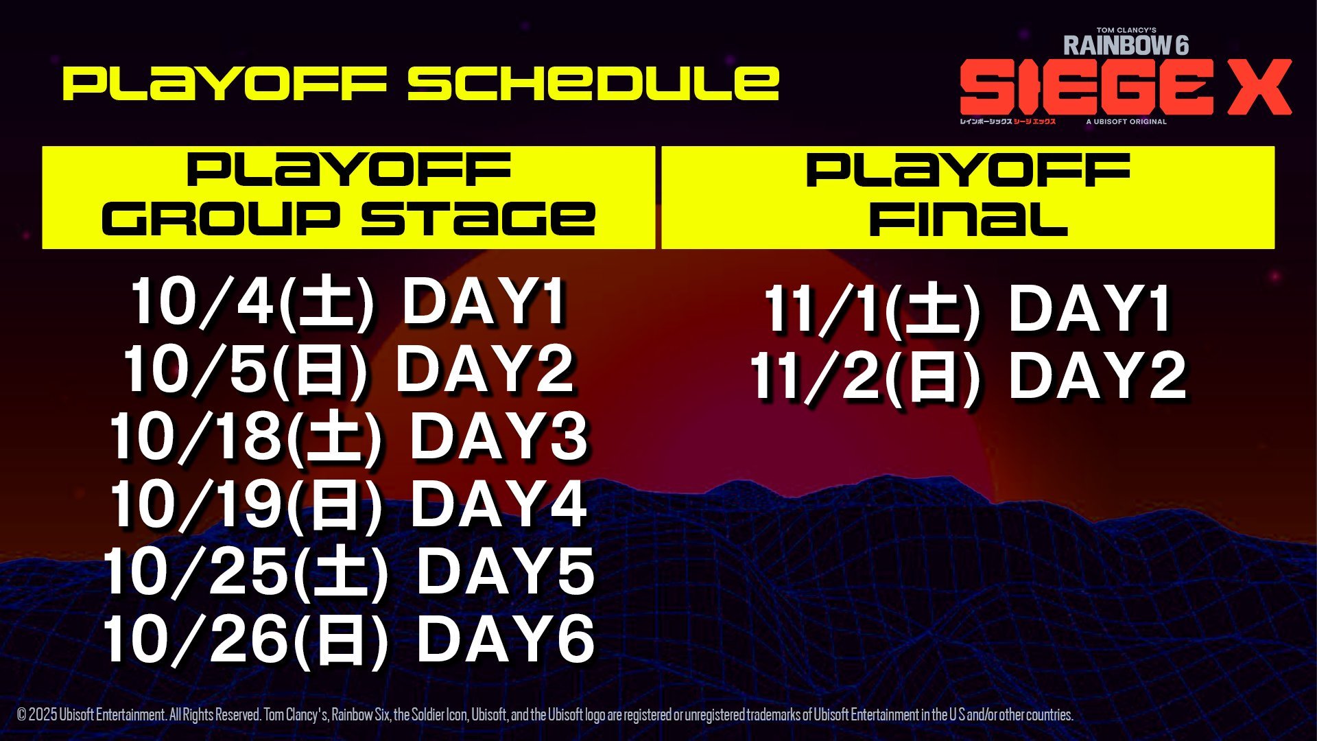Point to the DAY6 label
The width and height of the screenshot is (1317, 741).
pyautogui.click(x=506, y=639)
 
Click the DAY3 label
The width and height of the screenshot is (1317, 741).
pyautogui.click(x=499, y=436)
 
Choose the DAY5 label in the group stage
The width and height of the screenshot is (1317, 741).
pyautogui.click(x=506, y=572)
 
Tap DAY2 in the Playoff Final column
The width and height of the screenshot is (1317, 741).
pyautogui.click(x=1097, y=375)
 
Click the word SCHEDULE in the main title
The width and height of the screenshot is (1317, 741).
pyautogui.click(x=593, y=83)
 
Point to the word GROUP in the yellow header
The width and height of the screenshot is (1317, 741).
pyautogui.click(x=221, y=219)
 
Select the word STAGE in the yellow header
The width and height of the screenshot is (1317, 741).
pyautogui.click(x=478, y=219)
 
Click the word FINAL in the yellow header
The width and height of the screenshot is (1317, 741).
pyautogui.click(x=969, y=219)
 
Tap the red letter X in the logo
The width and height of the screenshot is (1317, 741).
pyautogui.click(x=1259, y=87)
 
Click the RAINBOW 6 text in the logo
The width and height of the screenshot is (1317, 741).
pyautogui.click(x=1126, y=45)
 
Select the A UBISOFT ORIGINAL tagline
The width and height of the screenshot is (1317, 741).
pyautogui.click(x=1126, y=121)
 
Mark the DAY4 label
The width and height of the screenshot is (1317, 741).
pyautogui.click(x=499, y=504)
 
